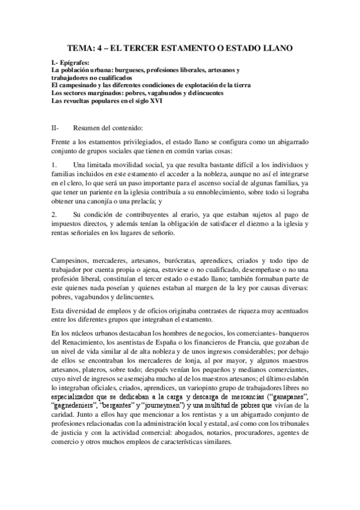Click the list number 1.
(54, 165)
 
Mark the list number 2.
(54, 214)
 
